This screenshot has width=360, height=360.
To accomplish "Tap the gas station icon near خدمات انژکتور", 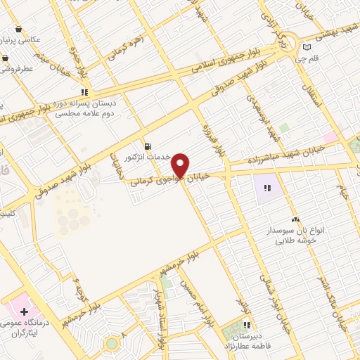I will (x=146, y=146).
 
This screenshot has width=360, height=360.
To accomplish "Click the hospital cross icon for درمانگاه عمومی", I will (x=25, y=310).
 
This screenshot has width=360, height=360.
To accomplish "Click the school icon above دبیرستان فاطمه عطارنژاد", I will (x=247, y=325).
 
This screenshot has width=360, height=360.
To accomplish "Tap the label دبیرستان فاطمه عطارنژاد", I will (x=247, y=341).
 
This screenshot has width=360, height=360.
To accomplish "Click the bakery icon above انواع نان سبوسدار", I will (x=295, y=220).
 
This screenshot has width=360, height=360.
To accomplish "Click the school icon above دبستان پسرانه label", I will (x=85, y=91).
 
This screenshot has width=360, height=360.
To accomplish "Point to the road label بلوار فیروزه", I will (x=219, y=138).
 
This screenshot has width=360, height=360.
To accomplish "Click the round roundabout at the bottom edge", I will (x=110, y=344).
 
